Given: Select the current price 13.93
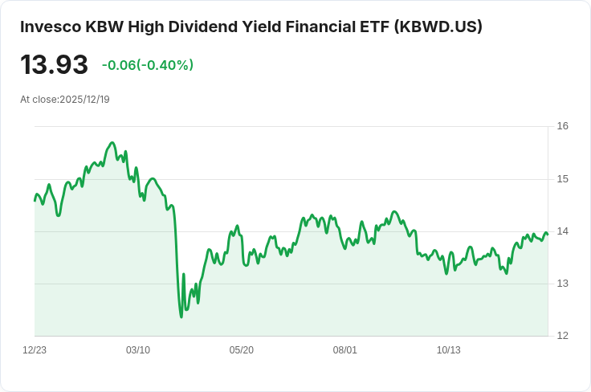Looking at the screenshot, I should point(54,65).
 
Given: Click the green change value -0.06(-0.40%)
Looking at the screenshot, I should point(148,65).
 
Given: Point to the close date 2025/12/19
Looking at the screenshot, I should point(84,100).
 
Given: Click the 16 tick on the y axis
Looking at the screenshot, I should point(562,126).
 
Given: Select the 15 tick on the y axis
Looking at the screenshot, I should point(562,178).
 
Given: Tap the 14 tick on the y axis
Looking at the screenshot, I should point(562,231).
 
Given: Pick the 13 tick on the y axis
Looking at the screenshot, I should point(562,284).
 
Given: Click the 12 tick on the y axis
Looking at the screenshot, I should point(562,336).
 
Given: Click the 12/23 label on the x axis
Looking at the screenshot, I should point(35,350).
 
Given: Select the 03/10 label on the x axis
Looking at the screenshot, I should point(138,350).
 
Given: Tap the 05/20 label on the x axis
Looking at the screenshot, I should point(242,350).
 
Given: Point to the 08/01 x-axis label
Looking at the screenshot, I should point(345,350).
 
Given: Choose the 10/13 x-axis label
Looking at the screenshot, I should point(448,350).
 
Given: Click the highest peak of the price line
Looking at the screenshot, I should point(112,142).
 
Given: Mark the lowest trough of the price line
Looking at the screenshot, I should point(181,316).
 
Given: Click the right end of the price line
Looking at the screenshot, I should point(548,234).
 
